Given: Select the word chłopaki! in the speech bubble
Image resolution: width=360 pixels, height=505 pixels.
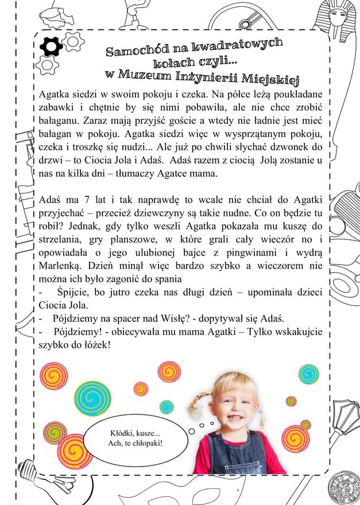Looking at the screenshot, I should point(144,443).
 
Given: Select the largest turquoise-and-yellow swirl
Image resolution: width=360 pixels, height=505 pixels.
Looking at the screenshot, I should point(92,398).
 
